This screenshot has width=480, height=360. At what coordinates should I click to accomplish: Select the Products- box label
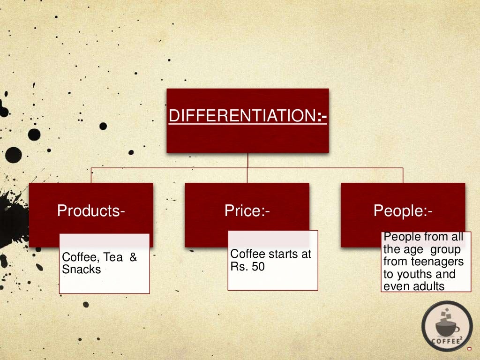pos(91,211)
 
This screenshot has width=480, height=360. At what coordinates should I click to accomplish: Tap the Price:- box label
pos(247,211)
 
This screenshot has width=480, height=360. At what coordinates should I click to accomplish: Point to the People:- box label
pos(403,211)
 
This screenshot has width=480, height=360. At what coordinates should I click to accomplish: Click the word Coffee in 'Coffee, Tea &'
pos(76,257)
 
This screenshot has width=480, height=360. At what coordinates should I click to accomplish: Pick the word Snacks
pos(82,270)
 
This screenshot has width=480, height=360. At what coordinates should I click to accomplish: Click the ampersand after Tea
pos(133,257)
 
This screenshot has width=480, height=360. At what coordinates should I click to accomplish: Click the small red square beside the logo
pos(469,348)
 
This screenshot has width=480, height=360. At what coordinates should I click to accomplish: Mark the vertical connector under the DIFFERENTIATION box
pos(247,160)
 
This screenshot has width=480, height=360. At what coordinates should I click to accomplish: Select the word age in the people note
pos(413,249)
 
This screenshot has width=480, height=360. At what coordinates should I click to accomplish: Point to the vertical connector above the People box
pos(403,175)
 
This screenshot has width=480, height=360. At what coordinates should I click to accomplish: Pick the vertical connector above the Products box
pos(91,175)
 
